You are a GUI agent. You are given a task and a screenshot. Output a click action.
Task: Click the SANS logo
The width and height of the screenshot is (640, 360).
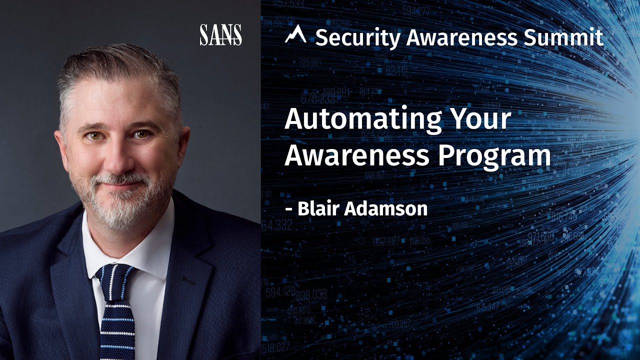click(x=220, y=35)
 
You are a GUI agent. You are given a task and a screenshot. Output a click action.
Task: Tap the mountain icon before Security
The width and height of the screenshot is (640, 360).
click(x=295, y=34)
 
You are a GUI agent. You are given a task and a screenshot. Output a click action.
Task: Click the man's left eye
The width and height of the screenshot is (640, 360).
click(x=141, y=134)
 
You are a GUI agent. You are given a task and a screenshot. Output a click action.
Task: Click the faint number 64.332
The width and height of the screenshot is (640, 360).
click(x=276, y=225)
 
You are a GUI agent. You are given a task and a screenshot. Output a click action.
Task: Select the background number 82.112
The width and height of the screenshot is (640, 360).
click(x=396, y=71)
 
